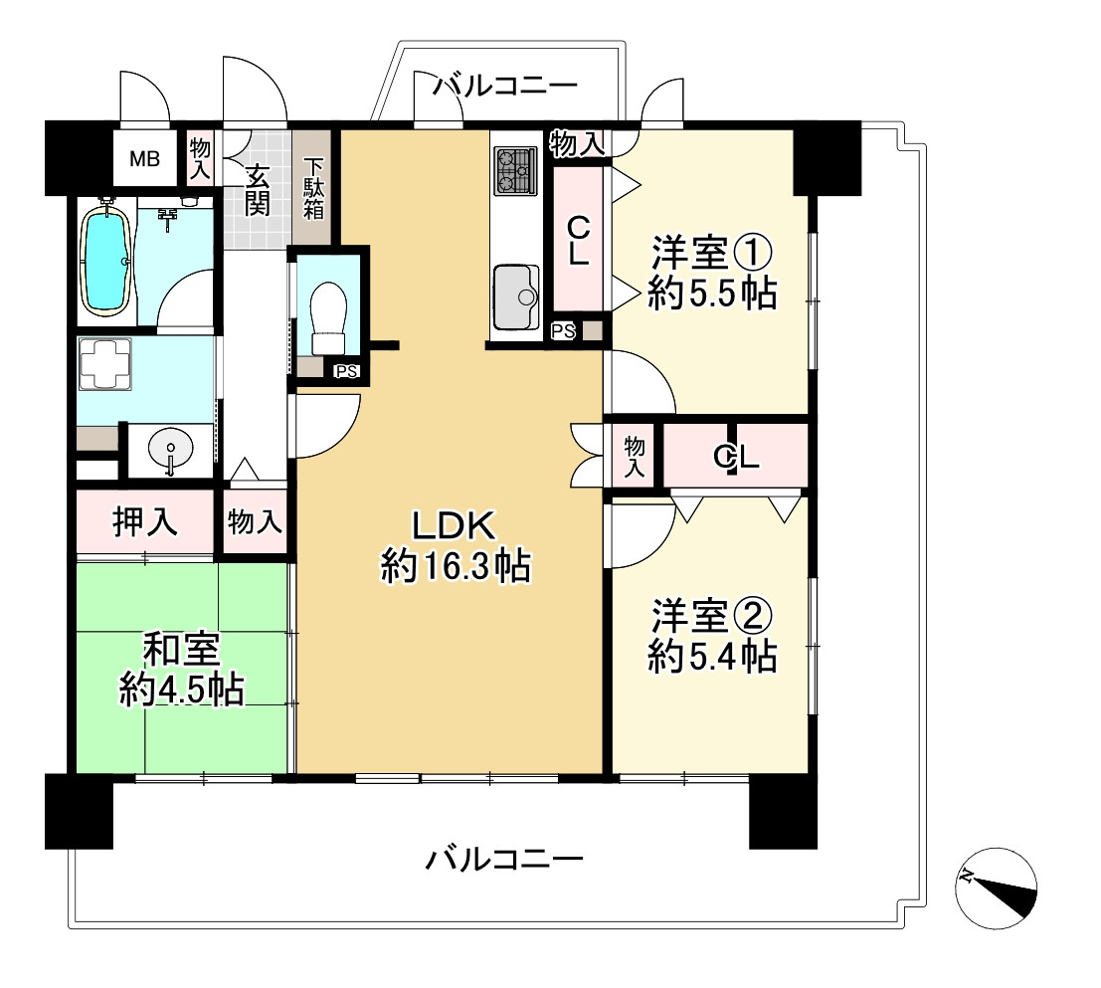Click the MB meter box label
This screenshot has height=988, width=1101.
[x=146, y=159]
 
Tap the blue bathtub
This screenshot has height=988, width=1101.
[x=104, y=261]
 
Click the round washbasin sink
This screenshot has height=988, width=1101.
[x=170, y=451]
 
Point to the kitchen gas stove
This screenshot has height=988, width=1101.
[x=515, y=170]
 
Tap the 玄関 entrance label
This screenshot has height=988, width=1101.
[x=257, y=190]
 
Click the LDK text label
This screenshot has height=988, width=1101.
[x=455, y=524]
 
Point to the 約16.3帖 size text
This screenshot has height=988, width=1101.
[x=455, y=566]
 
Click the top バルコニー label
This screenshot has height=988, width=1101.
[x=505, y=87]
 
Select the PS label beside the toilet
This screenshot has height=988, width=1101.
[x=346, y=372]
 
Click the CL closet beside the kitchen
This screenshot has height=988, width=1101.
[x=577, y=240]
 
